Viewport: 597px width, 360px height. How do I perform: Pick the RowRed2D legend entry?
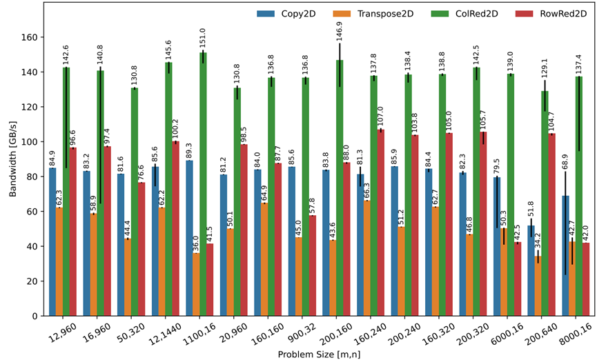[x=562, y=13]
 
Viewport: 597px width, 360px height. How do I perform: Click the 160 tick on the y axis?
[x=32, y=37]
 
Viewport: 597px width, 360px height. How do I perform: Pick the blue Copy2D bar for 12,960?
[x=52, y=241]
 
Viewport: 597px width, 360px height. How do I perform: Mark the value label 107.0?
[x=381, y=114]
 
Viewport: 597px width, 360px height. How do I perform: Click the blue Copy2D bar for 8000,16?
[x=565, y=256]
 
